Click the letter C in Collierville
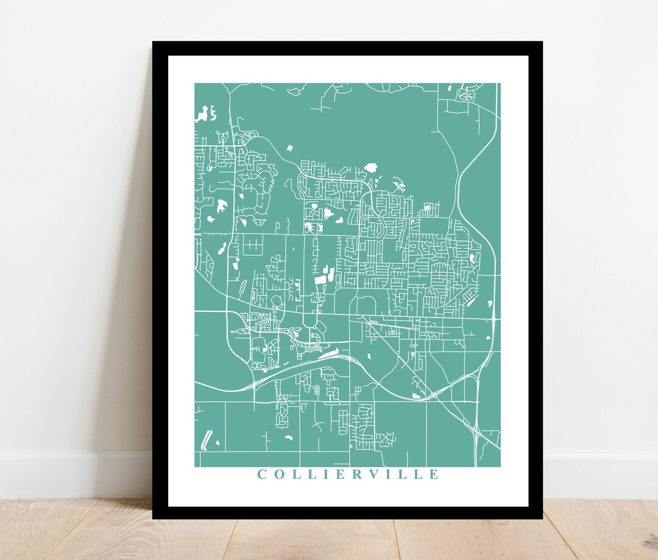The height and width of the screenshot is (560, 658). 261,474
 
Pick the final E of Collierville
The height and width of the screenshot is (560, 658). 434,474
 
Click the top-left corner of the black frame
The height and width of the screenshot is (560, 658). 154,43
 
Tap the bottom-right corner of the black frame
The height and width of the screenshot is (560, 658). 541,518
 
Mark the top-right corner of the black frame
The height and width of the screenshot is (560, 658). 541,43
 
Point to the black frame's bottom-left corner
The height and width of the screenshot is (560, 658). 154,518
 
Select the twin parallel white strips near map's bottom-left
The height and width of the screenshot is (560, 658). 207,438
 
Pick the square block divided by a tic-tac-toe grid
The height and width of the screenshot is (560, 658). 253,246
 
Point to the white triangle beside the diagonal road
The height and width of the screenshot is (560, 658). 416,395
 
